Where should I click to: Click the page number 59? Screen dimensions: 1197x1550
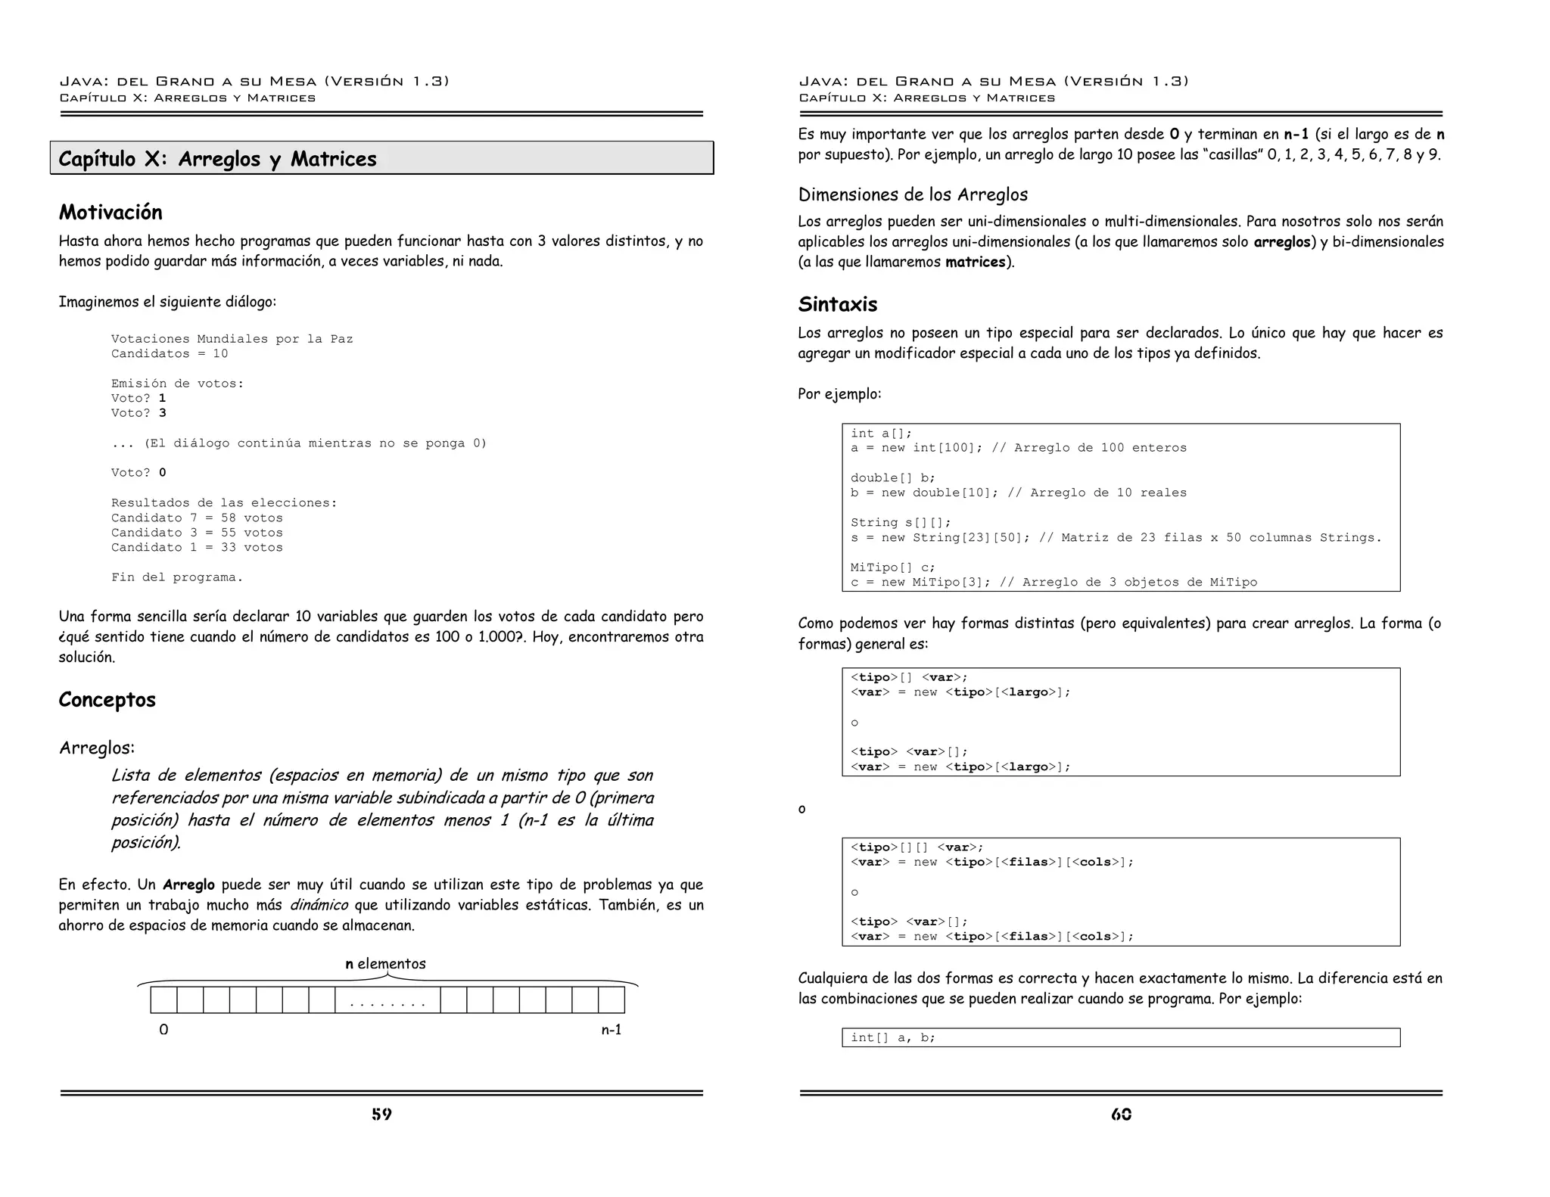[381, 1114]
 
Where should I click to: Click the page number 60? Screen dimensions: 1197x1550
[1121, 1114]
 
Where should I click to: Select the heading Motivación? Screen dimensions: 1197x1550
[110, 212]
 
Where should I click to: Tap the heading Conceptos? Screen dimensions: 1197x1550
[107, 699]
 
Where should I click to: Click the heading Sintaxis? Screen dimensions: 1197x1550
[837, 304]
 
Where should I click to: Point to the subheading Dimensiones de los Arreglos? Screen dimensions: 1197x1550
[912, 194]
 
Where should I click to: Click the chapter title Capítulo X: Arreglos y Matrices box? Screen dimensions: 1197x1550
[381, 158]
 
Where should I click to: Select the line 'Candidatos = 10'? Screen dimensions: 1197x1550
[169, 353]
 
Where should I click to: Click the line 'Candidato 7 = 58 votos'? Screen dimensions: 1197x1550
[197, 518]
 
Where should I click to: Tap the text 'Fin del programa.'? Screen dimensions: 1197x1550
[176, 577]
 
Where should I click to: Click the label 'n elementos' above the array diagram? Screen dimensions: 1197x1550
[385, 963]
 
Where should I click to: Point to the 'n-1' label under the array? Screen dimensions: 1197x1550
[611, 1029]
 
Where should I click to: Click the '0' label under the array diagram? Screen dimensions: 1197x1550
[163, 1029]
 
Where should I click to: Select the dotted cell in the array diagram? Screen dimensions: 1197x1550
[387, 1001]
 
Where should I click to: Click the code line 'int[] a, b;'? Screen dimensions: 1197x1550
[892, 1037]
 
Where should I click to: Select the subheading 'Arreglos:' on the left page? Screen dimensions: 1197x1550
[97, 748]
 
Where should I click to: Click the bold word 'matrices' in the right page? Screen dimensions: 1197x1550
[975, 262]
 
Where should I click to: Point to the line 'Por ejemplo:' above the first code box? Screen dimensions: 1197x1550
[839, 393]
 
